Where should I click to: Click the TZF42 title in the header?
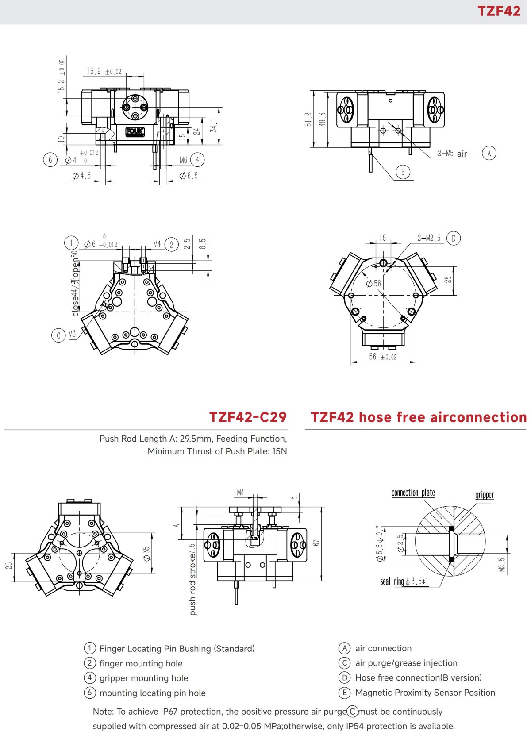pyautogui.click(x=499, y=11)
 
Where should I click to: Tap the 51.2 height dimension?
pyautogui.click(x=308, y=119)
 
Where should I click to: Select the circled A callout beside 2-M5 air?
pyautogui.click(x=489, y=153)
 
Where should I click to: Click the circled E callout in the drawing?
pyautogui.click(x=403, y=172)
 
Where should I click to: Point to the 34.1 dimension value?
pyautogui.click(x=214, y=126)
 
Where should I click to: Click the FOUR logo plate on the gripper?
pyautogui.click(x=135, y=132)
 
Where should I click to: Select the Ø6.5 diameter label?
pyautogui.click(x=189, y=176)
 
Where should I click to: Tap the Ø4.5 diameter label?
pyautogui.click(x=82, y=176)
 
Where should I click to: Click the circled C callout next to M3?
pyautogui.click(x=58, y=335)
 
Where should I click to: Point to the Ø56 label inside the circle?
pyautogui.click(x=373, y=283)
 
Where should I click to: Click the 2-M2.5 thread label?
pyautogui.click(x=429, y=238)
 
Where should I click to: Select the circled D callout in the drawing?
pyautogui.click(x=454, y=238)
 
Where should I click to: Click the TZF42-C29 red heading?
pyautogui.click(x=248, y=417)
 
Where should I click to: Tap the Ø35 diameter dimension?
pyautogui.click(x=146, y=553)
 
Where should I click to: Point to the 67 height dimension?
pyautogui.click(x=316, y=543)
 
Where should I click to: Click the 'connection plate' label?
pyautogui.click(x=413, y=493)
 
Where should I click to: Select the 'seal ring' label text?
pyautogui.click(x=392, y=581)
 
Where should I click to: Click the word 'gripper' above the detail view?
pyautogui.click(x=484, y=495)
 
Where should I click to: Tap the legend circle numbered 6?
pyautogui.click(x=90, y=693)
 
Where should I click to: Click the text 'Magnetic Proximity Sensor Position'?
pyautogui.click(x=425, y=693)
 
